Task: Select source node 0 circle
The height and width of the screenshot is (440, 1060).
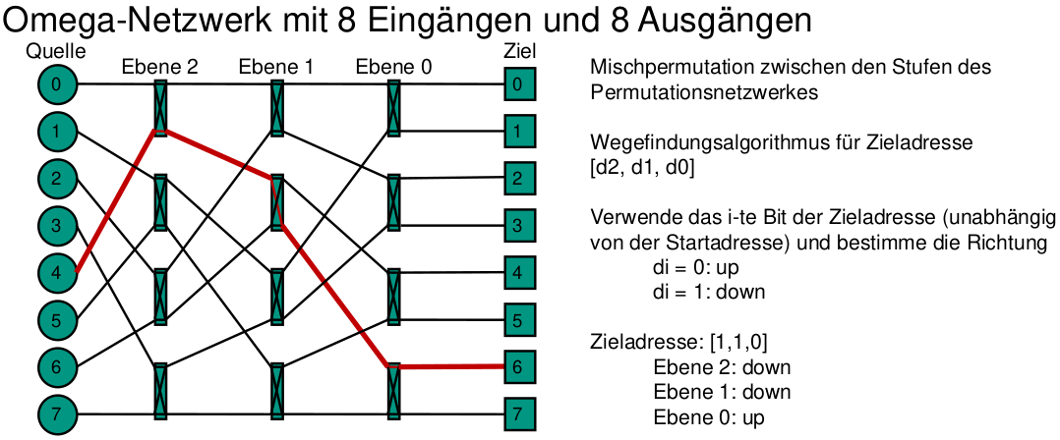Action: pyautogui.click(x=56, y=84)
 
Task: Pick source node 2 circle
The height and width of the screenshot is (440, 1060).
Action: pyautogui.click(x=56, y=179)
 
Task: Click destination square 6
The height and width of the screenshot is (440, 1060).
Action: pyautogui.click(x=517, y=366)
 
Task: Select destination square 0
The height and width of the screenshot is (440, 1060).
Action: pyautogui.click(x=517, y=84)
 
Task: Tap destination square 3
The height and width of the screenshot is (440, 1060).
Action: pyautogui.click(x=517, y=226)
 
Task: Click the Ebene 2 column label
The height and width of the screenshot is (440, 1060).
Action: pyautogui.click(x=160, y=68)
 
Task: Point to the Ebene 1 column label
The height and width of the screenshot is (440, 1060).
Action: pyautogui.click(x=276, y=68)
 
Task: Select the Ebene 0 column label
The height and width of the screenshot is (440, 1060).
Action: pyautogui.click(x=392, y=68)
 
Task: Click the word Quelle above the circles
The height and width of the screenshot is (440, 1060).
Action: pyautogui.click(x=56, y=51)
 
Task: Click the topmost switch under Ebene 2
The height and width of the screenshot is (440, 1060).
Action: pyautogui.click(x=160, y=108)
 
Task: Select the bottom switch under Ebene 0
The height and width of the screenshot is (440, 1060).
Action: pyautogui.click(x=393, y=391)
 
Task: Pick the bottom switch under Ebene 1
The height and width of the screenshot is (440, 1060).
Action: pyautogui.click(x=277, y=391)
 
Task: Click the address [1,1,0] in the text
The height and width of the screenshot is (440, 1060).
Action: pyautogui.click(x=737, y=343)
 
